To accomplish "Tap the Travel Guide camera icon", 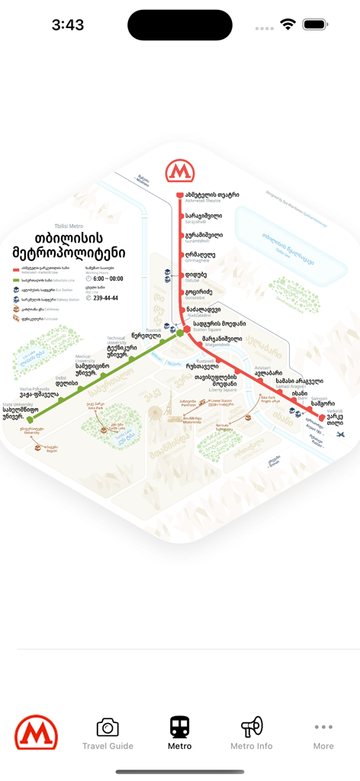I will click(x=108, y=727).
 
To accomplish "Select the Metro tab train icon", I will click(x=180, y=727).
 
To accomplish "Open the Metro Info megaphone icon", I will click(x=252, y=727).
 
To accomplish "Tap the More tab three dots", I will click(x=323, y=728).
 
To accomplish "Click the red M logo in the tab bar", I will click(x=36, y=733).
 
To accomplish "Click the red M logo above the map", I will click(x=180, y=171).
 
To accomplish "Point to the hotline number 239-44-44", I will click(x=105, y=298).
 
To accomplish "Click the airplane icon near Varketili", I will click(x=340, y=433).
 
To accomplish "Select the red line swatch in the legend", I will click(x=16, y=269).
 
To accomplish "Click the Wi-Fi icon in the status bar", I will click(x=288, y=24).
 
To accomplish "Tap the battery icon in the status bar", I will click(x=314, y=24).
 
